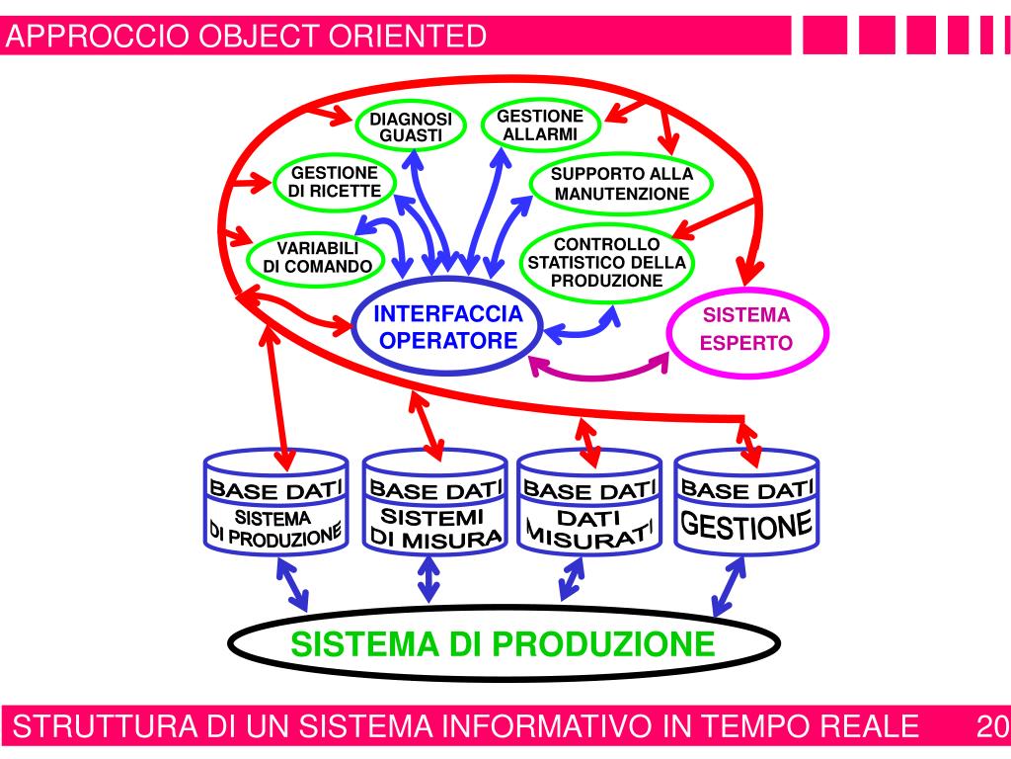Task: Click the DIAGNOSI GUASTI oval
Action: click(410, 126)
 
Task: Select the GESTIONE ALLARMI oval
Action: click(539, 125)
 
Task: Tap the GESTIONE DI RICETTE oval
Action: click(333, 182)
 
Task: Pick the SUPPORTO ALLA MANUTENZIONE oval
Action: click(621, 184)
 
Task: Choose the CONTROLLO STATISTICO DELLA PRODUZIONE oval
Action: click(606, 262)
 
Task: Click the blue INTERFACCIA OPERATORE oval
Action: click(448, 327)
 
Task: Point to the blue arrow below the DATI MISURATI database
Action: click(571, 578)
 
